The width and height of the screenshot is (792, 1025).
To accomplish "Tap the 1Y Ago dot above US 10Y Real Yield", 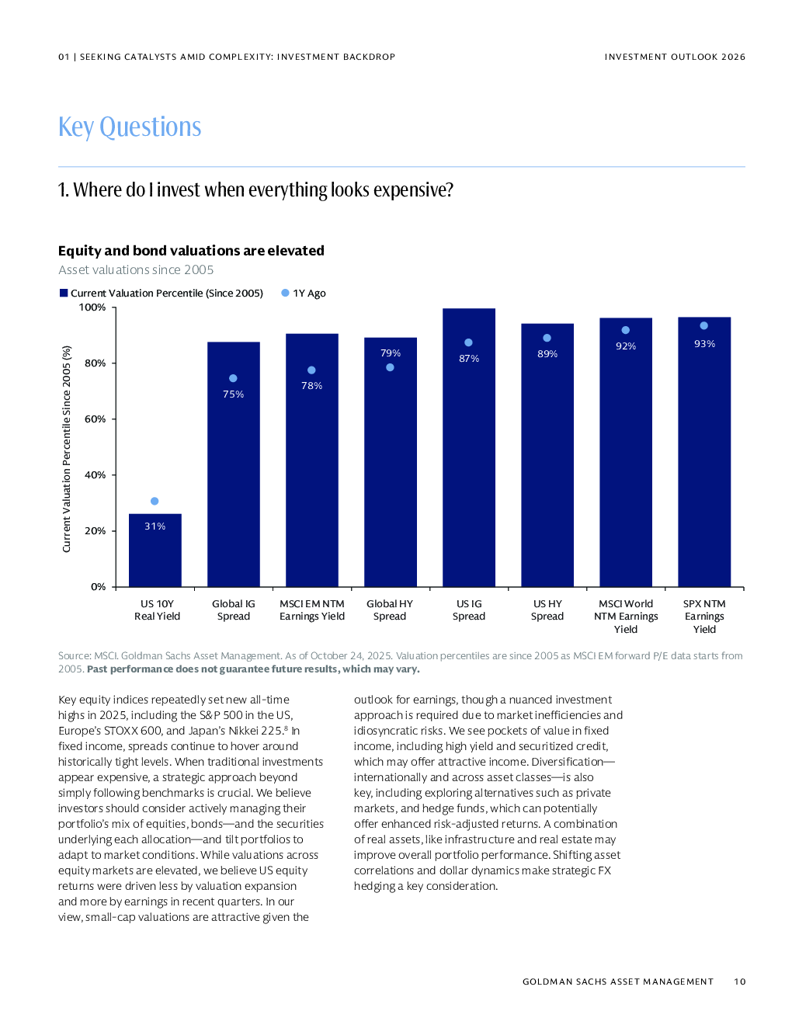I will click(155, 501).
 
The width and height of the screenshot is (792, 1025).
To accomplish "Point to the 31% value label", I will click(155, 526).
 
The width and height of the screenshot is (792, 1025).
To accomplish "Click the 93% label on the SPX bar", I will click(704, 344).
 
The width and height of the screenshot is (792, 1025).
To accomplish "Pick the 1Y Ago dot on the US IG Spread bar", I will click(468, 342).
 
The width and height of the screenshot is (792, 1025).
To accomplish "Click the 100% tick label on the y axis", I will click(92, 307).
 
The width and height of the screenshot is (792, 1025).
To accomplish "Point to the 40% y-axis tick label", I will click(95, 475).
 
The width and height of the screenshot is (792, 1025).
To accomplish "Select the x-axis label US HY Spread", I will click(547, 610).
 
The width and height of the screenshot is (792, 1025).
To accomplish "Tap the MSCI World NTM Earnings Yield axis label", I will click(626, 617).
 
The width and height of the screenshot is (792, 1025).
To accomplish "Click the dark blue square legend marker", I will click(64, 293).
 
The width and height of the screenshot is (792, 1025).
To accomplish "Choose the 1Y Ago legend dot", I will click(285, 293).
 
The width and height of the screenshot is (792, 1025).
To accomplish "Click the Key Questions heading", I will click(130, 127).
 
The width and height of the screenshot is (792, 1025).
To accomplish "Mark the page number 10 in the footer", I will click(740, 982).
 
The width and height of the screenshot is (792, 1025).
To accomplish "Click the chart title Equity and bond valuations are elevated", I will click(191, 251).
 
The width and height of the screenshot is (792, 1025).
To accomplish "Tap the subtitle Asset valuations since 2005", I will click(136, 270).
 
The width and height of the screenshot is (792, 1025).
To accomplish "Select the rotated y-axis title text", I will click(67, 449).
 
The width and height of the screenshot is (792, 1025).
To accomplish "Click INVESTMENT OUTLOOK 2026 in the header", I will click(675, 57).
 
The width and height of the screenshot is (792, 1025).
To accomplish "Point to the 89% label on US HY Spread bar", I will click(547, 354).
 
